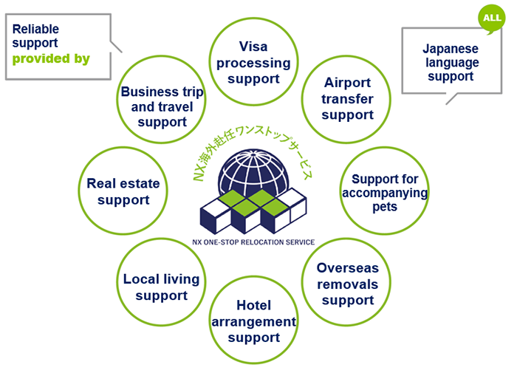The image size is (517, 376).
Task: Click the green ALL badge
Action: pyautogui.click(x=492, y=18)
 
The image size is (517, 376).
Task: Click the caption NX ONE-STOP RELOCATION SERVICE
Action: pyautogui.click(x=253, y=242)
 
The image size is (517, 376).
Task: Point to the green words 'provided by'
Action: pyautogui.click(x=51, y=58)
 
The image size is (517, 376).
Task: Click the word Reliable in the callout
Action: pyautogui.click(x=35, y=29)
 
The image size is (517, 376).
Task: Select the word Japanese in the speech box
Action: pyautogui.click(x=451, y=49)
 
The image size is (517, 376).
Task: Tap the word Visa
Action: pyautogui.click(x=253, y=47)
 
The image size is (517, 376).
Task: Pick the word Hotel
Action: pyautogui.click(x=253, y=305)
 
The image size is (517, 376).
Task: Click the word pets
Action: pyautogui.click(x=385, y=207)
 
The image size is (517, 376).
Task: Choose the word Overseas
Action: pyautogui.click(x=348, y=268)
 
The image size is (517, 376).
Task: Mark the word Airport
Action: pyautogui.click(x=348, y=83)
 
